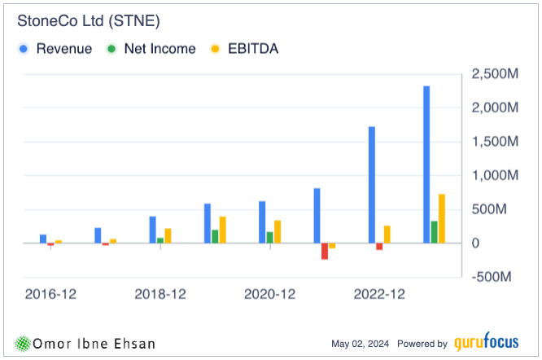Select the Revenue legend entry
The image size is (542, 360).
pos(63,49)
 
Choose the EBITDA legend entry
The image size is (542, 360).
pos(252,49)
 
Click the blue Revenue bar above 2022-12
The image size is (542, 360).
pos(372,184)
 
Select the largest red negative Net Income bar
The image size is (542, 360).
pos(324,251)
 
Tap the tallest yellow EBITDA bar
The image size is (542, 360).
pos(441,218)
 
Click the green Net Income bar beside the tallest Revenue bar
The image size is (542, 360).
pos(434,232)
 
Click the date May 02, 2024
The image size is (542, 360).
pos(361,344)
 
